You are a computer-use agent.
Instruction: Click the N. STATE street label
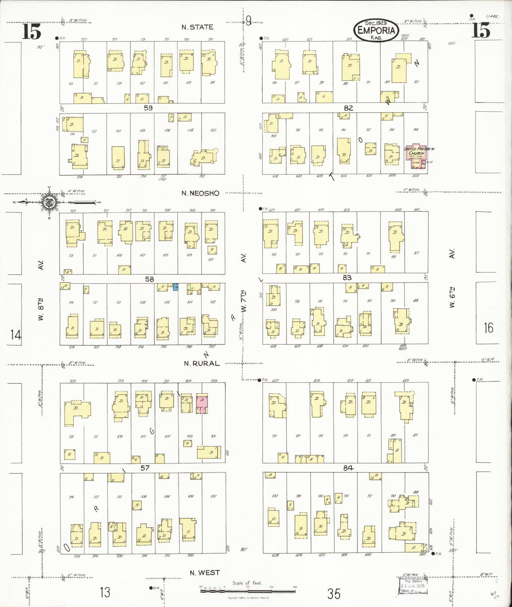(x=197, y=27)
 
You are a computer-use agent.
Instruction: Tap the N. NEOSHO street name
(x=200, y=193)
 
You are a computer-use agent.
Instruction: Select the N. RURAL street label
(x=202, y=363)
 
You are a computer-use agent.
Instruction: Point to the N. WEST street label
(x=204, y=573)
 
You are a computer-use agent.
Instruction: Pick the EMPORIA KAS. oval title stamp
(x=376, y=30)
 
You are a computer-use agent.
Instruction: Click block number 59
(x=148, y=108)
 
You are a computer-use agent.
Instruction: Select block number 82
(x=348, y=108)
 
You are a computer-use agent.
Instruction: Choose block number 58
(x=150, y=279)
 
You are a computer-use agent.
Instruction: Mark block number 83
(x=347, y=278)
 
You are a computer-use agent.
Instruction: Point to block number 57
(x=145, y=468)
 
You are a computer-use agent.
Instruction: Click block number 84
(x=348, y=468)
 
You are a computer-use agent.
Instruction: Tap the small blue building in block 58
(x=175, y=287)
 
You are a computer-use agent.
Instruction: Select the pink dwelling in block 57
(x=202, y=404)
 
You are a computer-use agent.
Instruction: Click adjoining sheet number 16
(x=488, y=328)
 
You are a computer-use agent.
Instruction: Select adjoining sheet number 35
(x=333, y=594)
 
